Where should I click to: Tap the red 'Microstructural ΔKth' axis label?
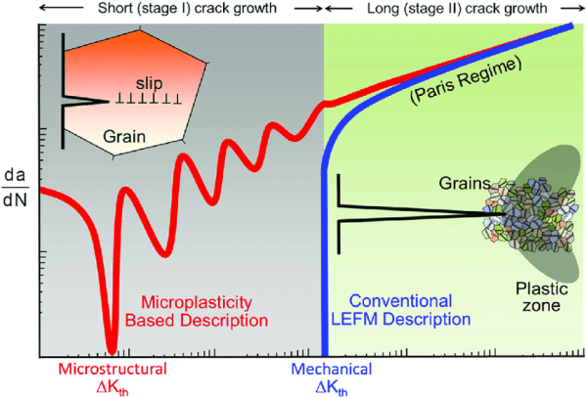pyautogui.click(x=113, y=377)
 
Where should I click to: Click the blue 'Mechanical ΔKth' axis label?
pyautogui.click(x=331, y=377)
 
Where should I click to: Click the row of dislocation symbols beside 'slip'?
pyautogui.click(x=150, y=99)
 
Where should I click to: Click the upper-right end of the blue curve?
pyautogui.click(x=572, y=26)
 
